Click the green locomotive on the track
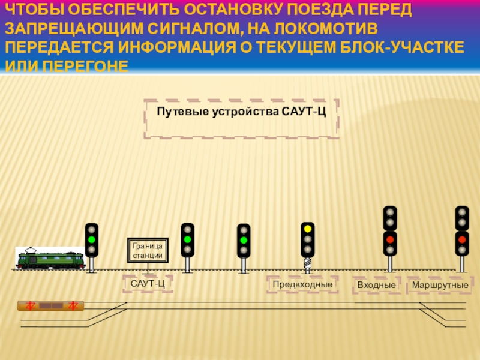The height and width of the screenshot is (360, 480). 50,259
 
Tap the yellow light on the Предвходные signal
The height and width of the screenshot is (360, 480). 308,229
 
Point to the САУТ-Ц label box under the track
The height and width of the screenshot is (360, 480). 148,284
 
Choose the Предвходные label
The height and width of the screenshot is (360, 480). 302,284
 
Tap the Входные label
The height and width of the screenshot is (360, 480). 376,284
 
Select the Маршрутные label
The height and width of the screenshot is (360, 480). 440,284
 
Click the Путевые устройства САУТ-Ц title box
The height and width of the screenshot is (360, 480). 241,112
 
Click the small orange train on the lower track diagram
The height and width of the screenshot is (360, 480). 51,306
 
